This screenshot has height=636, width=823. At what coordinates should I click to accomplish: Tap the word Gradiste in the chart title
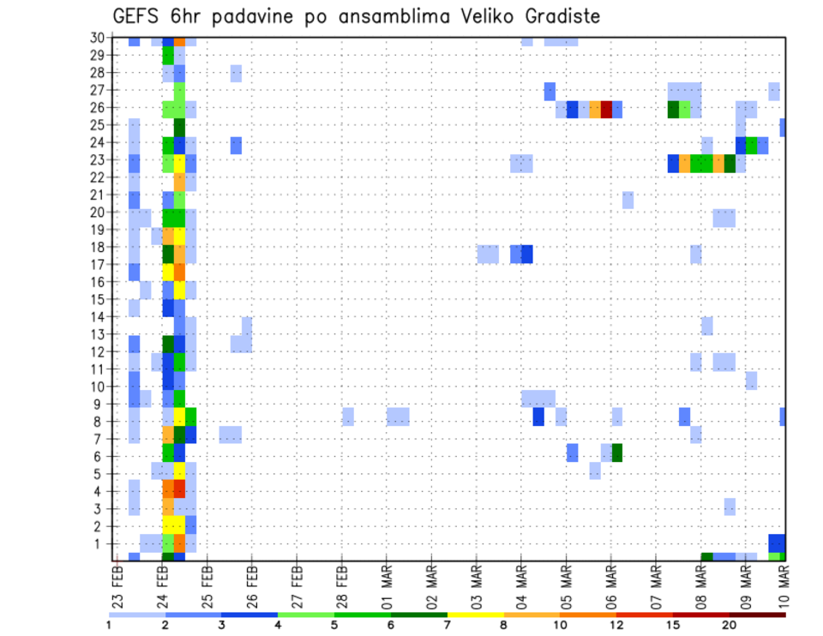coord(560,16)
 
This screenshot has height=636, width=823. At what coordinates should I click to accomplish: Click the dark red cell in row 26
coord(606,109)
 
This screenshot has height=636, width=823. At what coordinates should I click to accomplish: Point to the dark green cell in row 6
coord(616,452)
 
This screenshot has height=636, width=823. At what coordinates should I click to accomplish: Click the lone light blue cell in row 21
coord(628,200)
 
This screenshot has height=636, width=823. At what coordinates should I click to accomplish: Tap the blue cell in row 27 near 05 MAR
coord(550,91)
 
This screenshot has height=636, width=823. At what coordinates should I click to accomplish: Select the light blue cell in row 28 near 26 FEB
coord(236,73)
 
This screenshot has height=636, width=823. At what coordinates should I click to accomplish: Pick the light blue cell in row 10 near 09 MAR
coord(751,380)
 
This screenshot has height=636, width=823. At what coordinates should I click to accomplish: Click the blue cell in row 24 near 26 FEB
coord(236,145)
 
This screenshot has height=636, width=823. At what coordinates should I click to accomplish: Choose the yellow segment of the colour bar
coord(476,614)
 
